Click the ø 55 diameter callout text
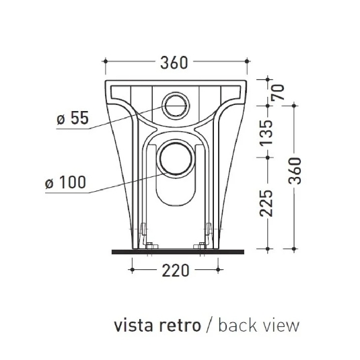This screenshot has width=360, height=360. pyautogui.click(x=73, y=118)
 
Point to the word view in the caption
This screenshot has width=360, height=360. pyautogui.click(x=280, y=326)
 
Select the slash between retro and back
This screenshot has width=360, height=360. pyautogui.click(x=209, y=326)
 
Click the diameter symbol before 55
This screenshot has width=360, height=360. pyautogui.click(x=60, y=119)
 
